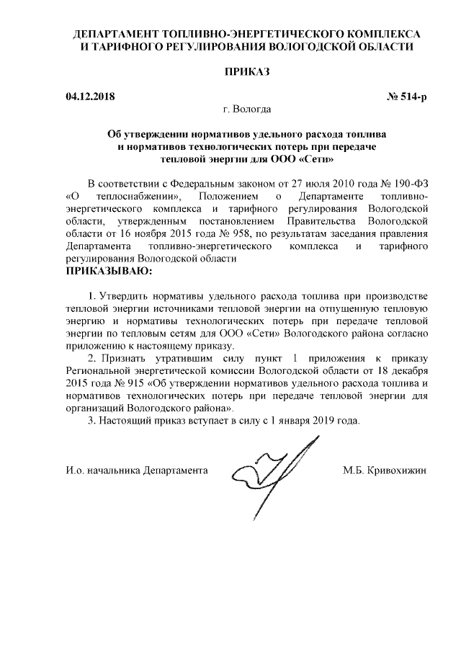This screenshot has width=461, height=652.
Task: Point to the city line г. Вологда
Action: (247, 110)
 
